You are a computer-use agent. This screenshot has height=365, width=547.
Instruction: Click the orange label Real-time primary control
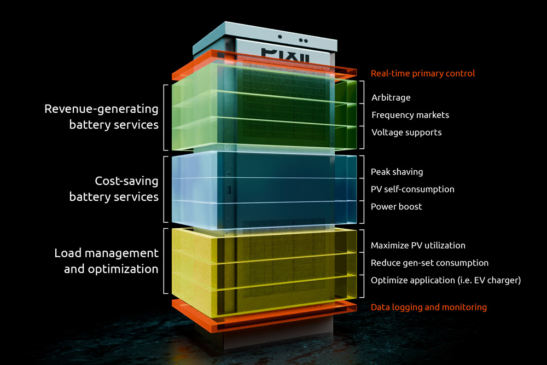click(423, 73)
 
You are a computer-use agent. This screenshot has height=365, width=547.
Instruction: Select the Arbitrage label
click(391, 98)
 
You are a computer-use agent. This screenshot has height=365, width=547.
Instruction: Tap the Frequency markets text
click(410, 115)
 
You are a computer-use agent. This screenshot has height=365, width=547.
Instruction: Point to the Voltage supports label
click(406, 132)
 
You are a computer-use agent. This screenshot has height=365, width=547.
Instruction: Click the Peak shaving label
click(397, 172)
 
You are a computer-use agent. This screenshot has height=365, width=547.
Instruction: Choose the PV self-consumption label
click(412, 189)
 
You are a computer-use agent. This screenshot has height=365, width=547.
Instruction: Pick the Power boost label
click(396, 207)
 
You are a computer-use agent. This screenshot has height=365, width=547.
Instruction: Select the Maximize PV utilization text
click(418, 246)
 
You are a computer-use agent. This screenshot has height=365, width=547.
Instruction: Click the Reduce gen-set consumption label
click(429, 263)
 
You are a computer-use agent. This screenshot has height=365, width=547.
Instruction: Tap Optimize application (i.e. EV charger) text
click(445, 281)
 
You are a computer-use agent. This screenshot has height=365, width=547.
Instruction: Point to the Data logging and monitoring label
click(428, 308)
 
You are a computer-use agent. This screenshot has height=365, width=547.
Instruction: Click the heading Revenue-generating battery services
click(102, 117)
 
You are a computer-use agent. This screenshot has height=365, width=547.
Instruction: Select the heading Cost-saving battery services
click(114, 189)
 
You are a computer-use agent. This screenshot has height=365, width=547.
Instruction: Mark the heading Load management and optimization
click(106, 261)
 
